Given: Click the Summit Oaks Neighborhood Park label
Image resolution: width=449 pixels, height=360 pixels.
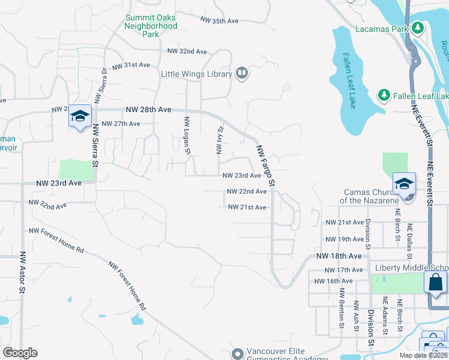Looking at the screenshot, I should click(151, 26).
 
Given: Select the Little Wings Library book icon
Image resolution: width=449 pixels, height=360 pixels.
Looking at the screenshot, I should click(242, 74).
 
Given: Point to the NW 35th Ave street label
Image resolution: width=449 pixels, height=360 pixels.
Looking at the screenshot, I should click(220, 21).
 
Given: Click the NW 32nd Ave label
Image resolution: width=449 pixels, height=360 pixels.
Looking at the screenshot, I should click(187, 52).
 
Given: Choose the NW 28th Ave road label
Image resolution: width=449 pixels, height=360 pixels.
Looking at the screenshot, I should click(149, 110).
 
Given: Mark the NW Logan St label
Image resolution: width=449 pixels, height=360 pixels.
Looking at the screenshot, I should click(186, 135).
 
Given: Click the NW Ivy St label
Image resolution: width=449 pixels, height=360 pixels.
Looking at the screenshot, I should click(220, 140).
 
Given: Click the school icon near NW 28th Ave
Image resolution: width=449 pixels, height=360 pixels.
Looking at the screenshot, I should click(79, 116).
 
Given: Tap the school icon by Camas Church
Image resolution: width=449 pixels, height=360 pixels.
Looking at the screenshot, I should click(404, 184).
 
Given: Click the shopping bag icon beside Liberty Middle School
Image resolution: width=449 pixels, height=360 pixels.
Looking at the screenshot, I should click(435, 282).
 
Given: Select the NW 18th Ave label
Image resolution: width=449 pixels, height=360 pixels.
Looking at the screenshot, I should click(340, 256).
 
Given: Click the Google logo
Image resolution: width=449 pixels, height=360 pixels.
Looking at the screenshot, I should click(20, 353).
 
